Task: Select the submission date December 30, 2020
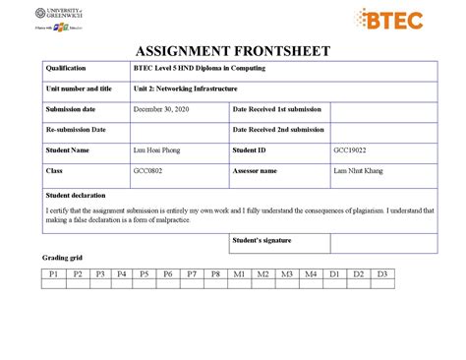click(159, 109)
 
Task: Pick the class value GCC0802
click(149, 170)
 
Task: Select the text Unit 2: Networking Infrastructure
click(185, 89)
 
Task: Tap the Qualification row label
click(66, 68)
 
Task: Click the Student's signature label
click(262, 239)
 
